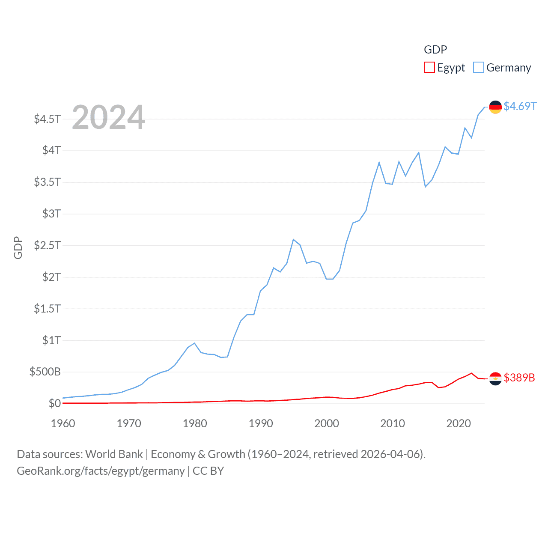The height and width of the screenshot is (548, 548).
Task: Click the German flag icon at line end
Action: point(495,107)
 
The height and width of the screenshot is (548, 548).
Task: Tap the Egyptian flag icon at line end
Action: point(495,378)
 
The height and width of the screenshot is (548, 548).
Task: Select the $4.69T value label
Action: point(520,106)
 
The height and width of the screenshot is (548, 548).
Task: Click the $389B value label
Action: point(519,378)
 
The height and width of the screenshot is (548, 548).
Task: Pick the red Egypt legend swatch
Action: point(429,68)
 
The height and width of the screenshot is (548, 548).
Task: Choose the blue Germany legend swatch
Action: point(479,68)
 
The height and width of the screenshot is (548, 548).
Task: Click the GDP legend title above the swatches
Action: point(435,50)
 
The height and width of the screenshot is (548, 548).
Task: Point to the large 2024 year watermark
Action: point(108,117)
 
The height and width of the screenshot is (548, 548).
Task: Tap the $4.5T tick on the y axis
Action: point(47,119)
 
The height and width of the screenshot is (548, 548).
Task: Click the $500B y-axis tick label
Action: point(45,372)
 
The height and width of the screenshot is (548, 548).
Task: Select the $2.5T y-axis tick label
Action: point(47,245)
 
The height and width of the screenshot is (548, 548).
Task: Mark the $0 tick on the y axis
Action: point(54,403)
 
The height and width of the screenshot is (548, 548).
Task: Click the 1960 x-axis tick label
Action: point(63,423)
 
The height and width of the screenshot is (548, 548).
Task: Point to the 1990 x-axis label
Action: point(261,423)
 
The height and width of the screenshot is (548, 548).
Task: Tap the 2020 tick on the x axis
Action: point(459,423)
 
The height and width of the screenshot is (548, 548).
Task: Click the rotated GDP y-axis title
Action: point(18,248)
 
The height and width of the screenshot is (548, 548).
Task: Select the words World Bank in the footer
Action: point(114,454)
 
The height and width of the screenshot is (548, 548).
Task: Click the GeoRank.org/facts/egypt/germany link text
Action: point(101,471)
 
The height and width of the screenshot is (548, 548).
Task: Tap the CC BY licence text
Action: point(208,471)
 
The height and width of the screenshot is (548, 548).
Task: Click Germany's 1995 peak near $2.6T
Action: point(293,239)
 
